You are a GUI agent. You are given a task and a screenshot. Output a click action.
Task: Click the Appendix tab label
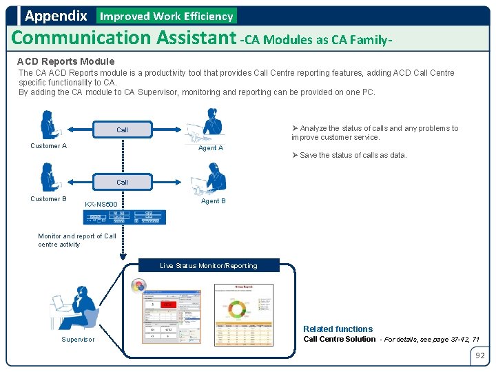56,15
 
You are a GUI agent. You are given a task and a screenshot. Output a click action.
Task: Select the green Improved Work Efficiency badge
167,16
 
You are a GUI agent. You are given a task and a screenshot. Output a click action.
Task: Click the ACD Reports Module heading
65,61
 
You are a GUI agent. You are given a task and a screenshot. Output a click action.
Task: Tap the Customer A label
48,146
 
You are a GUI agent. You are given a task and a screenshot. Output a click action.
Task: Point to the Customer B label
48,199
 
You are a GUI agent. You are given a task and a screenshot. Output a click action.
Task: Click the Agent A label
211,148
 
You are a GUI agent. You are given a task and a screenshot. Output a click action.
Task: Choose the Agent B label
214,201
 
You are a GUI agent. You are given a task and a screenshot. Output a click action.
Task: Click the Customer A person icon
49,125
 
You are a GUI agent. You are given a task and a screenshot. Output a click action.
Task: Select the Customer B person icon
48,177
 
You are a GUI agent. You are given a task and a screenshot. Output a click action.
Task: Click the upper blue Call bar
122,130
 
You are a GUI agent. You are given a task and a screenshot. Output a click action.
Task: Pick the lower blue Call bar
122,182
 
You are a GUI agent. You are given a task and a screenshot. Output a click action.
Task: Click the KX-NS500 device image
125,217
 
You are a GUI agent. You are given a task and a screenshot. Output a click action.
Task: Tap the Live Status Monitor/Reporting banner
208,265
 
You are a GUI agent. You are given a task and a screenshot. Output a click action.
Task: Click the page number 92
479,356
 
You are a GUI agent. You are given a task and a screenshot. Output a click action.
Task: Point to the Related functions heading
338,329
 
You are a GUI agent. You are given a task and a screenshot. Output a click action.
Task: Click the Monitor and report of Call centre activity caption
76,240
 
